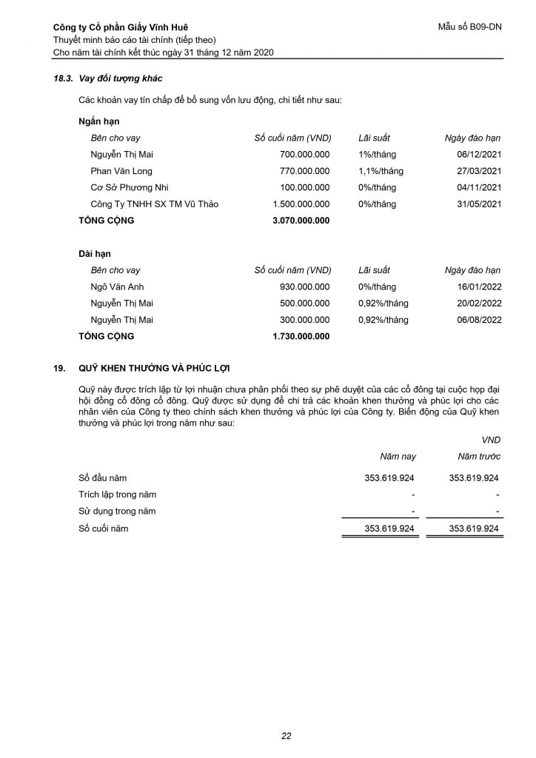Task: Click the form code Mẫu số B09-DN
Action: click(x=470, y=27)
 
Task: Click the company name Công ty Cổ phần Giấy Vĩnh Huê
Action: click(x=121, y=27)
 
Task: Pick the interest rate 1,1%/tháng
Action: click(x=381, y=171)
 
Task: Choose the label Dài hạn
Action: click(x=94, y=254)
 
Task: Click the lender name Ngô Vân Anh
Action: click(x=118, y=286)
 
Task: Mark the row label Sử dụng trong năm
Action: click(x=117, y=511)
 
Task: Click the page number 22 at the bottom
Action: click(x=286, y=736)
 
